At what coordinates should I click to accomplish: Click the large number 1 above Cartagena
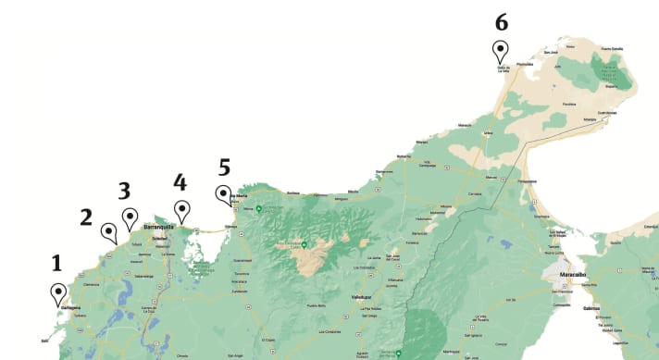pyautogui.click(x=56, y=263)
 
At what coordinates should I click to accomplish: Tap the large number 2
pyautogui.click(x=86, y=217)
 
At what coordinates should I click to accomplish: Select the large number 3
pyautogui.click(x=125, y=191)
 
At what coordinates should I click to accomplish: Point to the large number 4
pyautogui.click(x=180, y=181)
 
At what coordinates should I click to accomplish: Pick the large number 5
pyautogui.click(x=223, y=167)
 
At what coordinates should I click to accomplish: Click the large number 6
pyautogui.click(x=501, y=21)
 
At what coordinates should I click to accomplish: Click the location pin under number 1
pyautogui.click(x=58, y=293)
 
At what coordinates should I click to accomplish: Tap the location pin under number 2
pyautogui.click(x=108, y=231)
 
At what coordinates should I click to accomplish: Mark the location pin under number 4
pyautogui.click(x=181, y=210)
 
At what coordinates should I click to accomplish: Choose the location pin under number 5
pyautogui.click(x=224, y=193)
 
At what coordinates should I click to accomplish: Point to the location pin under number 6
pyautogui.click(x=501, y=50)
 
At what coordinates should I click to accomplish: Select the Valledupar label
pyautogui.click(x=348, y=297)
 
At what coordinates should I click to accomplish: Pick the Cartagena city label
pyautogui.click(x=71, y=307)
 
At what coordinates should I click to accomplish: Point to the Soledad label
pyautogui.click(x=159, y=237)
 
